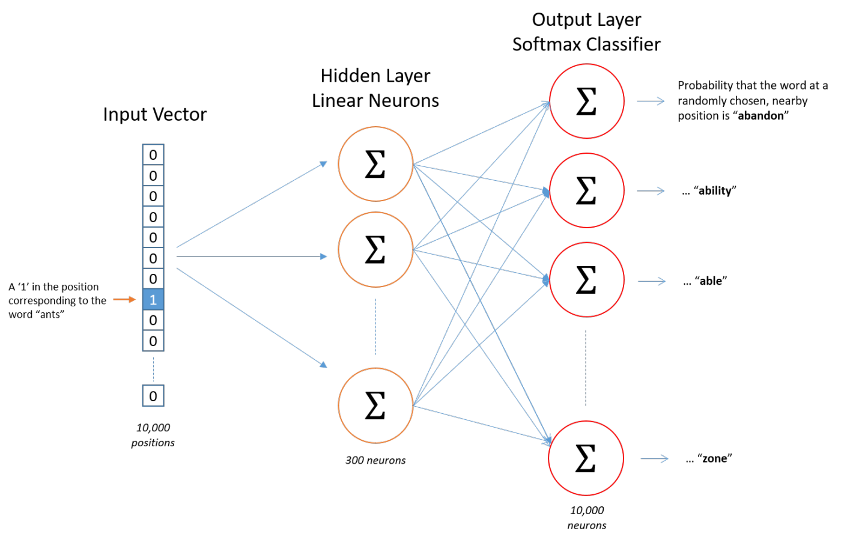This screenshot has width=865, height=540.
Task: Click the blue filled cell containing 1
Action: pyautogui.click(x=153, y=299)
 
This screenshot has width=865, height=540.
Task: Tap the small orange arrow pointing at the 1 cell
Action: pyautogui.click(x=124, y=299)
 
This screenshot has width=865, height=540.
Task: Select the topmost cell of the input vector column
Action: pyautogui.click(x=153, y=154)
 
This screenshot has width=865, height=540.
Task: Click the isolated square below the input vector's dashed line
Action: pyautogui.click(x=153, y=396)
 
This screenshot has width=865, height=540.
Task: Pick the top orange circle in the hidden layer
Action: pyautogui.click(x=375, y=164)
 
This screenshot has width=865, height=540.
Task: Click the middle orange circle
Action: pyautogui.click(x=375, y=249)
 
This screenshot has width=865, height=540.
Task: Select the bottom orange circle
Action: pyautogui.click(x=375, y=405)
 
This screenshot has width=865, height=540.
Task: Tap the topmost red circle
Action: pyautogui.click(x=586, y=101)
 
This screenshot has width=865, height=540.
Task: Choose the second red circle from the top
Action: pyautogui.click(x=586, y=190)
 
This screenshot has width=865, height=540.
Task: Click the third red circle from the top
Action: pyautogui.click(x=586, y=280)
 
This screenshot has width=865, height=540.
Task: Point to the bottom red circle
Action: pyautogui.click(x=586, y=458)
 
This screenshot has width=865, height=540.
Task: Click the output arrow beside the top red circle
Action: pyautogui.click(x=651, y=101)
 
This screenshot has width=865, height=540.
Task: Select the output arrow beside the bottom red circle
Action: pyautogui.click(x=654, y=459)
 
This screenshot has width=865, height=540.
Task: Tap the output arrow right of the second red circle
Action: pyautogui.click(x=651, y=191)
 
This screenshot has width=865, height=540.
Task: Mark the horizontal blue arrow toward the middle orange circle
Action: pyautogui.click(x=252, y=256)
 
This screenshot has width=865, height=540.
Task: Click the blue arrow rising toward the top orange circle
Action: pyautogui.click(x=252, y=204)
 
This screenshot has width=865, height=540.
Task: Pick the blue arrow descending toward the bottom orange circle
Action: pyautogui.click(x=252, y=317)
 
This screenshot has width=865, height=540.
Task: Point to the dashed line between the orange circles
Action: pyautogui.click(x=376, y=327)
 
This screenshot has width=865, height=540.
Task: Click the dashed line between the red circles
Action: pyautogui.click(x=586, y=368)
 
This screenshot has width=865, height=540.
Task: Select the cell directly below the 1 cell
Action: pyautogui.click(x=153, y=320)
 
